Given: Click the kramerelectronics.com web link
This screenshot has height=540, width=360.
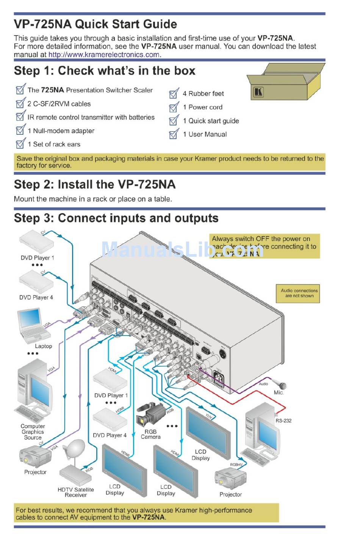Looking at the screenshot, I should (104, 55).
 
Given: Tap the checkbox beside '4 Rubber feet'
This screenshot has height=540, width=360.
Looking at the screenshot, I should (174, 94).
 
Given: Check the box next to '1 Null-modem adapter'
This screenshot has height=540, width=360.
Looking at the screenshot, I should (20, 131).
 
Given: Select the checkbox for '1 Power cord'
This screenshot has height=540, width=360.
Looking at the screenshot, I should (174, 107).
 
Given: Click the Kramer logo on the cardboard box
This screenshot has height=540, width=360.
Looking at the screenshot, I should (258, 92).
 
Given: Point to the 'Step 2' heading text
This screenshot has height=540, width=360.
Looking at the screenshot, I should (94, 185).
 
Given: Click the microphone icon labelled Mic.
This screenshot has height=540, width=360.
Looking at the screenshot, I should (281, 385).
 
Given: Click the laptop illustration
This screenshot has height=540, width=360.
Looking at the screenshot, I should (33, 324).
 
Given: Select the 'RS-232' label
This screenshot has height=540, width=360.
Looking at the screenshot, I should (283, 421).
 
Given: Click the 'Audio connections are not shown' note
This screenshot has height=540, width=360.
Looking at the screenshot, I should (299, 293).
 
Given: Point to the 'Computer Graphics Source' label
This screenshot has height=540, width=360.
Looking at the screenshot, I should (33, 432).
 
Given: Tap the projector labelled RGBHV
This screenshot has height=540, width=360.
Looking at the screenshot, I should (230, 479).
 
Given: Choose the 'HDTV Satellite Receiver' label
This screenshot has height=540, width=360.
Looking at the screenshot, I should (76, 492).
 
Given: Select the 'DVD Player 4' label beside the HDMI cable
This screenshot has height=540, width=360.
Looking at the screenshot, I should (110, 435).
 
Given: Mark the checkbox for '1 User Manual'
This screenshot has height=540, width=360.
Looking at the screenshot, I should (174, 134).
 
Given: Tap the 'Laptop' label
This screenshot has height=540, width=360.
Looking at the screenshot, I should (43, 346).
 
